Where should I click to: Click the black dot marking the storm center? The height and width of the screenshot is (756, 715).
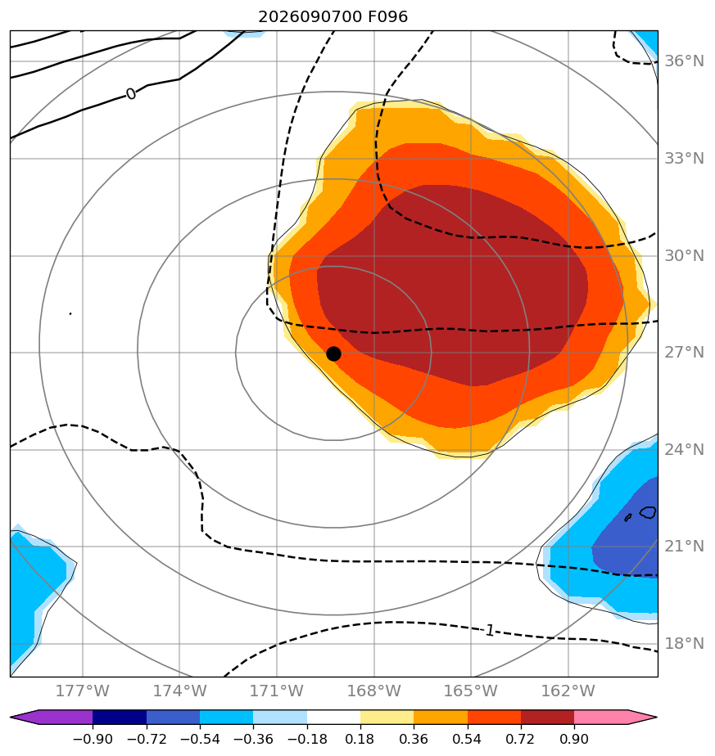coord(333,354)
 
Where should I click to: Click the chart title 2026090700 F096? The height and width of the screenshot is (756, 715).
coord(333,17)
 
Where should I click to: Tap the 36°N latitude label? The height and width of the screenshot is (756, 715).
coord(685,61)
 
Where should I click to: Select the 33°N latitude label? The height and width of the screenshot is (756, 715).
coord(685,158)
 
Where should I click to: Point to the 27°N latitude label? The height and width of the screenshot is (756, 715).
coord(685,353)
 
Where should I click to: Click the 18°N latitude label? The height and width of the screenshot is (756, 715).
coord(685,643)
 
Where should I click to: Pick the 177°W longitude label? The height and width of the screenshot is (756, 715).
coord(83,691)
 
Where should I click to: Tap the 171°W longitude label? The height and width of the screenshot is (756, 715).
coord(277,691)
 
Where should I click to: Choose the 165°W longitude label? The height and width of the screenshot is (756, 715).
coord(471,691)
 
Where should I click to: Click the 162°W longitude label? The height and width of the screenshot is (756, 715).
coord(568,691)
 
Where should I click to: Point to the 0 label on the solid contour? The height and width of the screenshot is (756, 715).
coord(131,94)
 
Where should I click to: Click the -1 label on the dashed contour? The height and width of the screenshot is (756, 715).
coord(489,630)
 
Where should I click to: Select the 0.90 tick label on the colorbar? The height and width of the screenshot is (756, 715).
coord(574,739)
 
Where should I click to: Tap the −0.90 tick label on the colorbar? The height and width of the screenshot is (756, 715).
coord(93,739)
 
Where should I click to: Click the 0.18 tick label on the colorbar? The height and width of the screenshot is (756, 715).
coord(360,739)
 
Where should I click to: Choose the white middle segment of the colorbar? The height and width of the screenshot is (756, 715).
coord(333,717)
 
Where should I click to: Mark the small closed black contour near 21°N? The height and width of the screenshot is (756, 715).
coord(648,512)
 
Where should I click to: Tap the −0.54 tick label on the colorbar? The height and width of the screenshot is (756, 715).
coord(200,739)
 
